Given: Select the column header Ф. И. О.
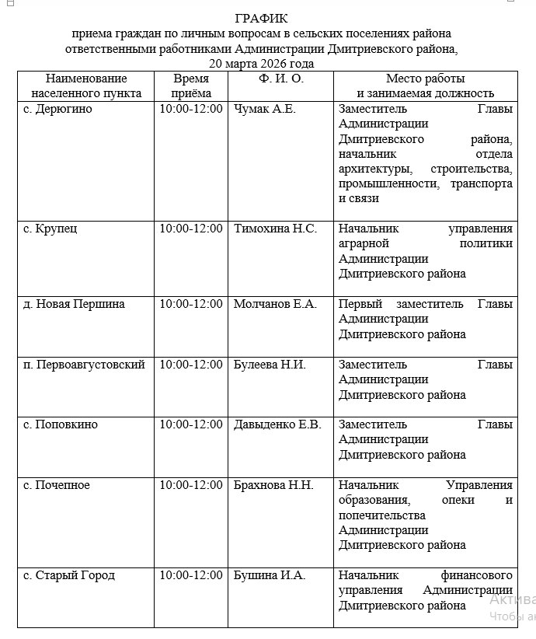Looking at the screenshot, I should [x=280, y=79].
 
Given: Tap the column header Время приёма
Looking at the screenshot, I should [x=191, y=86].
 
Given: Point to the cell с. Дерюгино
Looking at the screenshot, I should [x=57, y=109].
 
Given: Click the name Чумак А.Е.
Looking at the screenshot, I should [x=265, y=109].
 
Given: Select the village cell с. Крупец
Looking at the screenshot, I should [x=50, y=229].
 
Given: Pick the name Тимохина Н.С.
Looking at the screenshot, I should [x=275, y=229].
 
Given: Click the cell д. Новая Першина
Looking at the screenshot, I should [x=74, y=304].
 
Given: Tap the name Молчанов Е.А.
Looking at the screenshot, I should [x=275, y=304].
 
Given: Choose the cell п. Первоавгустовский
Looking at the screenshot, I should [x=84, y=364].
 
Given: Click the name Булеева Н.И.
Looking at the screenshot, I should [x=270, y=364].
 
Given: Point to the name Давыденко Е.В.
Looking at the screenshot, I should [x=277, y=424].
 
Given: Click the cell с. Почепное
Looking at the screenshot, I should [x=57, y=485].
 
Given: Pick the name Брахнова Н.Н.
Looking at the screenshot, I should [x=273, y=485].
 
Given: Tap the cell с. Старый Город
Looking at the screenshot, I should [x=69, y=575].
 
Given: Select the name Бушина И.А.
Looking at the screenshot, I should [x=270, y=575].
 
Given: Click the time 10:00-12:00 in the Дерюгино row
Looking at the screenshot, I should [x=191, y=109].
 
